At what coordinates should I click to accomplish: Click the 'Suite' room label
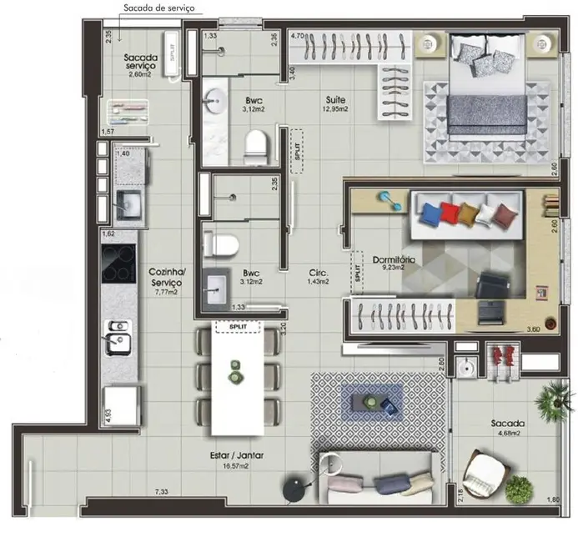pos(336,98)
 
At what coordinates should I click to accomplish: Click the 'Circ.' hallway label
pos(317,273)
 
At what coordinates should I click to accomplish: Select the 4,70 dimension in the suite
pos(299,37)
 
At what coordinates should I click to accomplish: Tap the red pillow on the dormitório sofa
pos(450,212)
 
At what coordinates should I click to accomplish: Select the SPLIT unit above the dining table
pos(237,325)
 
